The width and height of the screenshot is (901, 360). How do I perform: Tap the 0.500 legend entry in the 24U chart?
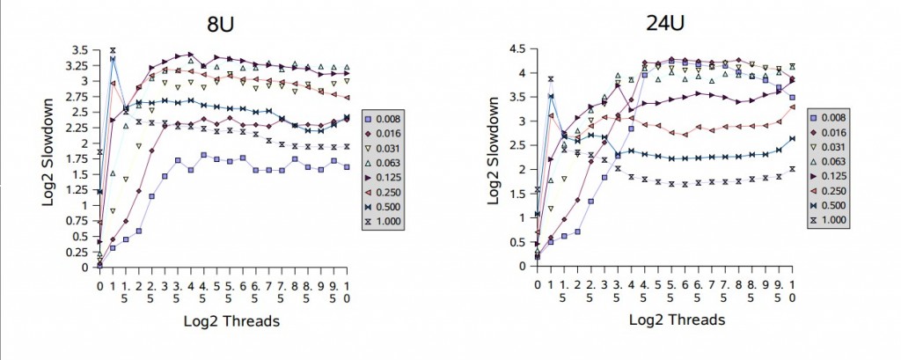(x=846, y=208)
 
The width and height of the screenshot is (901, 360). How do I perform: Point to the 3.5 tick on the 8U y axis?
(x=81, y=49)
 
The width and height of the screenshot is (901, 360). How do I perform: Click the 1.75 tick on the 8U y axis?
(x=77, y=158)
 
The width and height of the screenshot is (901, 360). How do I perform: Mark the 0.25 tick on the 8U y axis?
(x=77, y=252)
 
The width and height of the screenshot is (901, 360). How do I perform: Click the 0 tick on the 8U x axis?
(x=99, y=285)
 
